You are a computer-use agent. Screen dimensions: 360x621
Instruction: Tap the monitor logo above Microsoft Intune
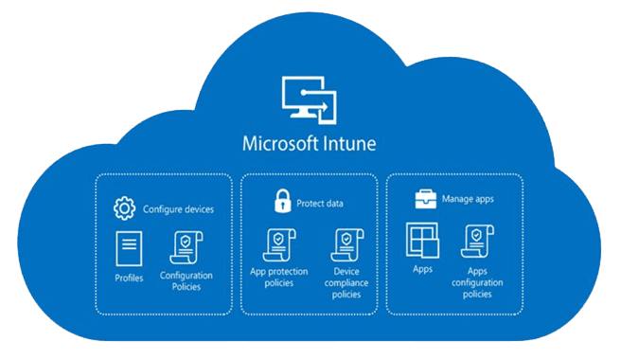(310, 99)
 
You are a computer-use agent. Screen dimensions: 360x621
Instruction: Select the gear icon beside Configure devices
(124, 208)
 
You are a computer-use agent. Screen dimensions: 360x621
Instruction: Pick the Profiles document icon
(128, 247)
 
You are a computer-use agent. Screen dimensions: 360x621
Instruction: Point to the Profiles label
(128, 278)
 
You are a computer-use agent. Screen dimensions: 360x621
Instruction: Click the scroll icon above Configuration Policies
(186, 247)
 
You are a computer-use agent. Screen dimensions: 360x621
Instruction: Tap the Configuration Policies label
(186, 281)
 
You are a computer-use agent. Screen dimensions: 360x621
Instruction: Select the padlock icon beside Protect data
(281, 202)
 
